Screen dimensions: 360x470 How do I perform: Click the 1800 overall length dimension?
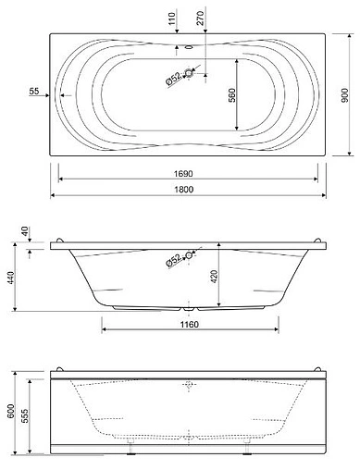pos(184,189)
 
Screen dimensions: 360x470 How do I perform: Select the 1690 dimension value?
pos(183,174)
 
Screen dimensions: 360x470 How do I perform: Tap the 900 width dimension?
pos(344,95)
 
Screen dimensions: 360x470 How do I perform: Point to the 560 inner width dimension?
pos(232,95)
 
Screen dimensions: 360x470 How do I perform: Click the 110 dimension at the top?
pos(171,19)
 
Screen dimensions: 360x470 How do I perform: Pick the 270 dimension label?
pos(200,19)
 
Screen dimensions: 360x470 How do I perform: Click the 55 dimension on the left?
pos(34,92)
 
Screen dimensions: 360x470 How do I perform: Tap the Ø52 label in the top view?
pos(173,80)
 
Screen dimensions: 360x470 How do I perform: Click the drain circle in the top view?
pos(188,73)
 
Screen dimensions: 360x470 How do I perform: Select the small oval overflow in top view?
pos(189,47)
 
